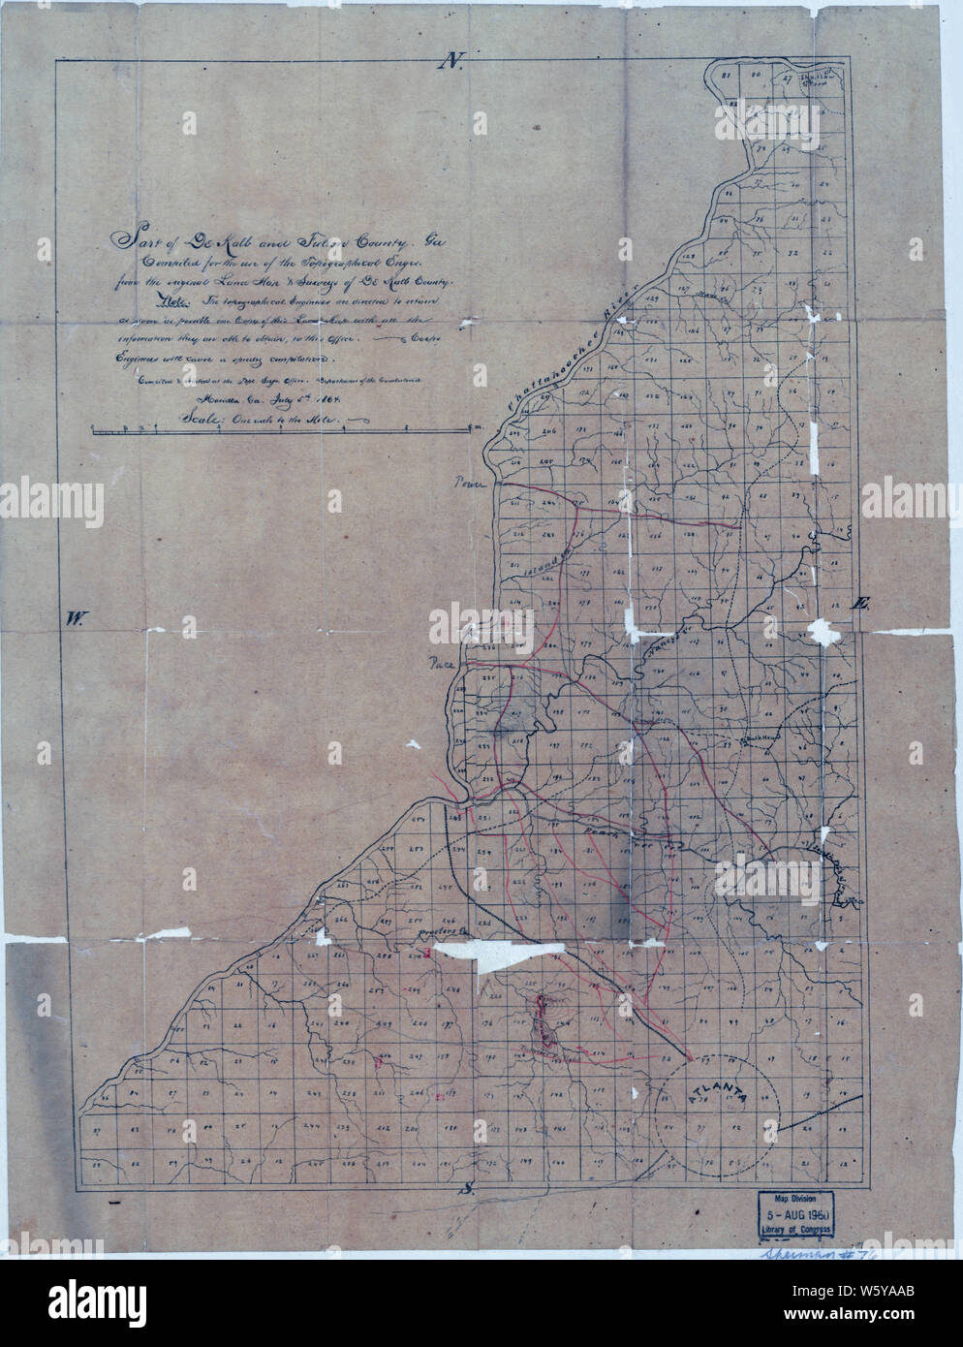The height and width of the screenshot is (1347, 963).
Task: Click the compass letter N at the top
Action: pyautogui.click(x=451, y=62)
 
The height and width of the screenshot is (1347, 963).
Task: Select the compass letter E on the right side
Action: pyautogui.click(x=856, y=604)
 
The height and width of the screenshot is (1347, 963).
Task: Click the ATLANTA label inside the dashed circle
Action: pyautogui.click(x=718, y=1092)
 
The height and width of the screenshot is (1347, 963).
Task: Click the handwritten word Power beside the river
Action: pyautogui.click(x=471, y=480)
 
